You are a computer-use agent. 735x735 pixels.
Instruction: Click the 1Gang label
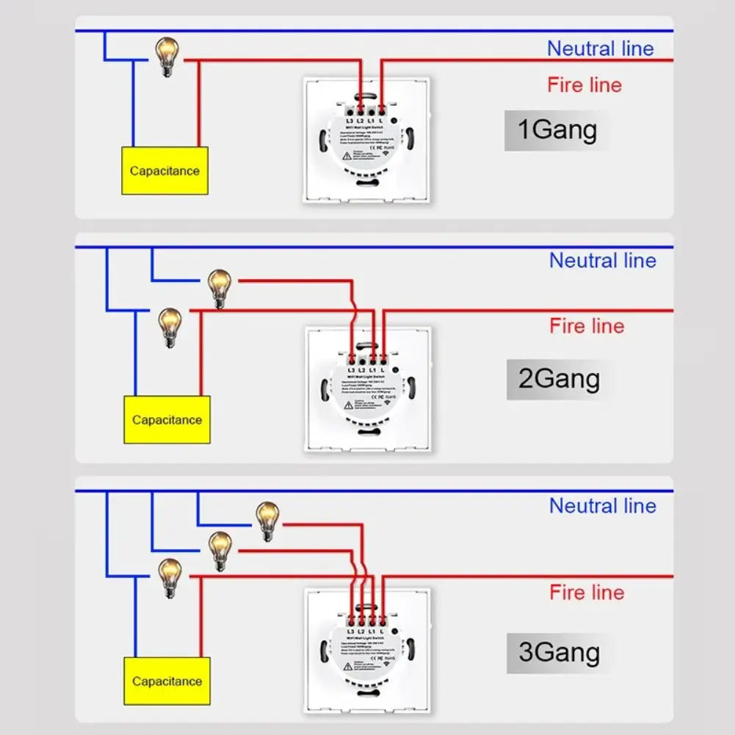[557, 130]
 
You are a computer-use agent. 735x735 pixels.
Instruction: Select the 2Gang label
[559, 379]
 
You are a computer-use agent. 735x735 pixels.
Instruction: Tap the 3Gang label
[559, 652]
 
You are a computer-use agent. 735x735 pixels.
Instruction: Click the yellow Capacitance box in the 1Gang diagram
[164, 170]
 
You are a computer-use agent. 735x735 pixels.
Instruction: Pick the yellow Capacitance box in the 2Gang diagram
[167, 420]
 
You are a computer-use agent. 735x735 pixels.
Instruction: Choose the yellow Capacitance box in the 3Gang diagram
[167, 681]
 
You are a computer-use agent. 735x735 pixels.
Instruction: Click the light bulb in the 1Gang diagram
[167, 56]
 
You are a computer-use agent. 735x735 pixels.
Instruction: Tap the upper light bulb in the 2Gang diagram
[218, 287]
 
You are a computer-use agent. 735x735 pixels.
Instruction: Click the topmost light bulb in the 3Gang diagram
[267, 520]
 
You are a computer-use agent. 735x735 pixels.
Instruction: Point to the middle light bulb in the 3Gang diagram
[220, 549]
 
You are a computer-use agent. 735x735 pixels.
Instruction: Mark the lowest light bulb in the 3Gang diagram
[170, 576]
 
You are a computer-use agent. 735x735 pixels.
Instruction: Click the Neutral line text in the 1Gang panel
[600, 48]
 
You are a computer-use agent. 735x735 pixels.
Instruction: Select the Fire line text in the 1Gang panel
[584, 84]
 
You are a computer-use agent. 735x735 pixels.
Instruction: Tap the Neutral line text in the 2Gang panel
[602, 260]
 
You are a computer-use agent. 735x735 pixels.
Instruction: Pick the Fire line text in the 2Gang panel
[587, 325]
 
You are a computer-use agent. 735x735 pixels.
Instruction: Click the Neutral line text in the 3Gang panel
[602, 505]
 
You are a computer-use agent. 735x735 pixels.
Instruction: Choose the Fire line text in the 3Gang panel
[587, 592]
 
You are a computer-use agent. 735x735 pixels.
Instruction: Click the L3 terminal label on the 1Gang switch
[350, 120]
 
